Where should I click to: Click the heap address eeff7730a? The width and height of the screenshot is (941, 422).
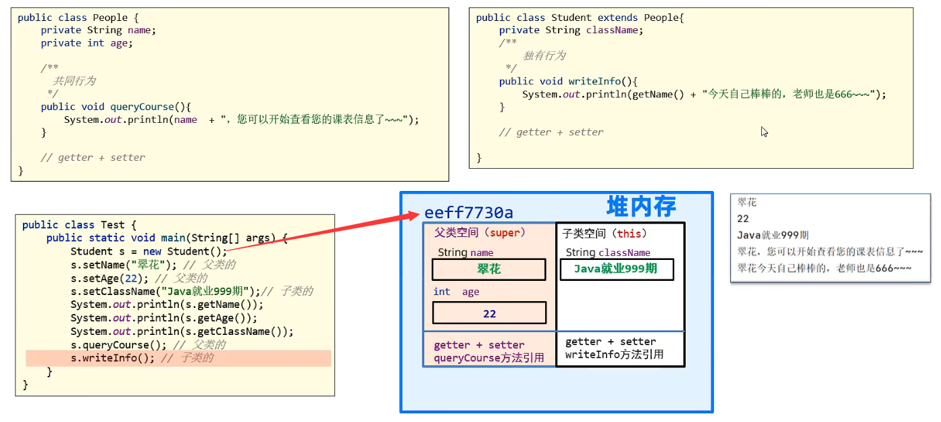coord(469,213)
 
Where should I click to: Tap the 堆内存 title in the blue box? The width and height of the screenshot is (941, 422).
coord(641,206)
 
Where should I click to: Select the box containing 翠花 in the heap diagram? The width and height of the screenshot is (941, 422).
coord(488,269)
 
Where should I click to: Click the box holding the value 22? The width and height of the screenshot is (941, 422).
coord(489,313)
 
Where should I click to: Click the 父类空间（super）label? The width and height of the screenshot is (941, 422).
coord(480,233)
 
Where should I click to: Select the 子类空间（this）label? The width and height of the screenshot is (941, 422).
coord(605,234)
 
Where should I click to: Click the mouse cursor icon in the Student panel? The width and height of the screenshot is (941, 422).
coord(765,132)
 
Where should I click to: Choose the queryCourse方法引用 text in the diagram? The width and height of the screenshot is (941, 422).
coord(489,358)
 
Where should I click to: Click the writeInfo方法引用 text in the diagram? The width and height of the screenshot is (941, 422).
coord(614,354)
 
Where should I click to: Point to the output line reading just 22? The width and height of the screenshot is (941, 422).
coord(743,219)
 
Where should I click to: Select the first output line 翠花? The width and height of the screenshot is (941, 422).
coord(747,202)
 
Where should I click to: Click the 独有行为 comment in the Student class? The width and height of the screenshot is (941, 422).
coord(544,55)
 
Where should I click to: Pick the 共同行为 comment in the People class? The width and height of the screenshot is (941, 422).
coord(74,81)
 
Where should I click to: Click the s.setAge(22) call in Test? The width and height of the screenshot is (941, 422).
coord(108,278)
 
